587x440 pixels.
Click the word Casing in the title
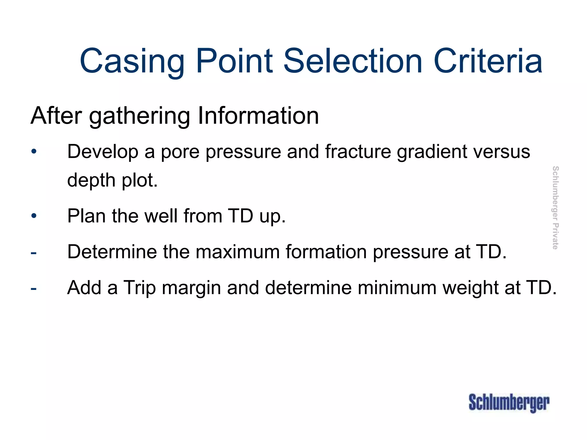point(132,61)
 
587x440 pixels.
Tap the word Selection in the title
point(353,61)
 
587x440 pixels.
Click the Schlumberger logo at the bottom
point(509,402)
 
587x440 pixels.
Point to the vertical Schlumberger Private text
point(555,208)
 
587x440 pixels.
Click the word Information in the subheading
point(258,116)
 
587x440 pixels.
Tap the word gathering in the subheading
point(139,116)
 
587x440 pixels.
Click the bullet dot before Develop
point(34,151)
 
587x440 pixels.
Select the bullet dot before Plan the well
point(34,216)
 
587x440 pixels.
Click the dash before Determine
point(34,252)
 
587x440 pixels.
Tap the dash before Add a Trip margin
point(34,288)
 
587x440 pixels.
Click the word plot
point(140,180)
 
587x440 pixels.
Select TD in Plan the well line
point(240,216)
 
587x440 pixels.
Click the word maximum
point(238,252)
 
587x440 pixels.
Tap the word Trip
point(139,288)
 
